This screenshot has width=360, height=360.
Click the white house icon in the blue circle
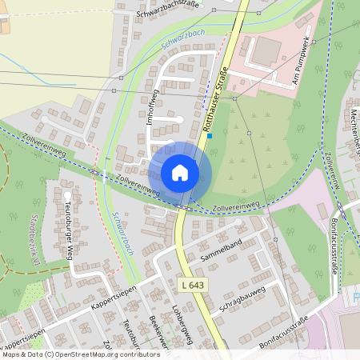tap(180, 173)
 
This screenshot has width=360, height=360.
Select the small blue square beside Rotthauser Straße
tap(210, 136)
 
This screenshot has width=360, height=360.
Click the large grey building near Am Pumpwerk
tap(266, 51)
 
